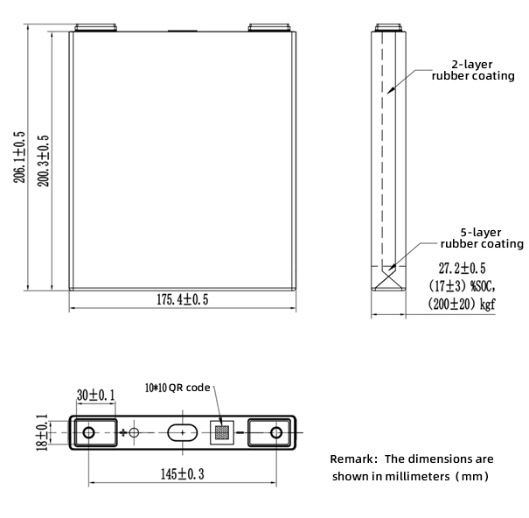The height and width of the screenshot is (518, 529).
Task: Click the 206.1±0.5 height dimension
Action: tap(19, 157)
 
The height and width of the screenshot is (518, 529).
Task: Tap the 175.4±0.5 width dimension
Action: tap(182, 300)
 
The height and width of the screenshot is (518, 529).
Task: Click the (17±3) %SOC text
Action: tap(461, 286)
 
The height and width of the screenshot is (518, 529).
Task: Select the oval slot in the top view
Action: tap(184, 432)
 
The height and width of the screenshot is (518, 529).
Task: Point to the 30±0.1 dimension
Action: tap(94, 395)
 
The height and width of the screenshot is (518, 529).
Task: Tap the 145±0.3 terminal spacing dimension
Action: tap(182, 473)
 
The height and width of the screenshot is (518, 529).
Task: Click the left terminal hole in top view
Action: tap(88, 432)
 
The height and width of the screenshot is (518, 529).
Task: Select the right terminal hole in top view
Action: tap(275, 432)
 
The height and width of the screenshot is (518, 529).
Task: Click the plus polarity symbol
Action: tap(123, 432)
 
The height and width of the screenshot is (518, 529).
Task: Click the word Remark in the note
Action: tap(352, 458)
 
